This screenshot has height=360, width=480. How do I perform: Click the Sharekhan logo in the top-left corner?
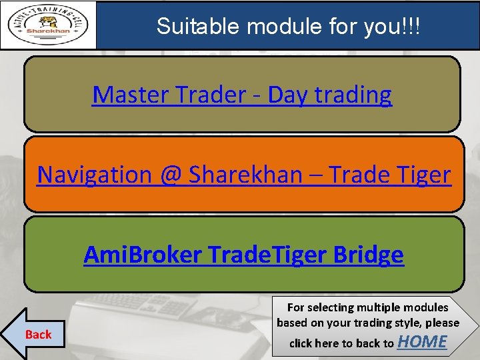pos(48,25)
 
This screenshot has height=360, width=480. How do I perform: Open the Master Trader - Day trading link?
pos(242,95)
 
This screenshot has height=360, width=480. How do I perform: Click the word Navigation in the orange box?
pos(95,175)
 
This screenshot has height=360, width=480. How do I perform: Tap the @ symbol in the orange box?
pos(171,175)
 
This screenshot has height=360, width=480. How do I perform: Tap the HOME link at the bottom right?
pos(422,341)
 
